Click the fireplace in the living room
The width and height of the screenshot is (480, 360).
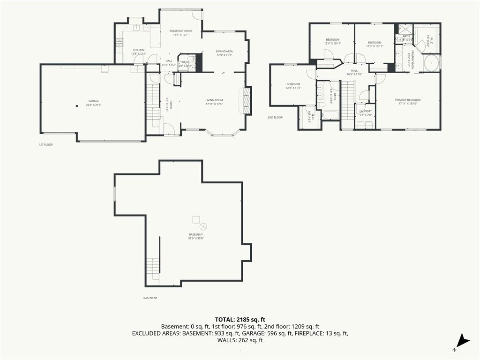(x=246, y=100)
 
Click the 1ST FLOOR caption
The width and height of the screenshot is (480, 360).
(x=45, y=145)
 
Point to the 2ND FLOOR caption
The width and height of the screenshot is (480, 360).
(x=275, y=118)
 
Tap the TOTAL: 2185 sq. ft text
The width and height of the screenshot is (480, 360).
(x=240, y=319)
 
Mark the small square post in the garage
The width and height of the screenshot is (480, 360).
(x=77, y=106)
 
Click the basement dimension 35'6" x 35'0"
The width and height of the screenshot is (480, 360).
(x=196, y=238)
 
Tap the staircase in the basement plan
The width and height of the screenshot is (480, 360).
(x=153, y=269)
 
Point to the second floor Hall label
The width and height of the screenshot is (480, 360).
(x=354, y=72)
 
